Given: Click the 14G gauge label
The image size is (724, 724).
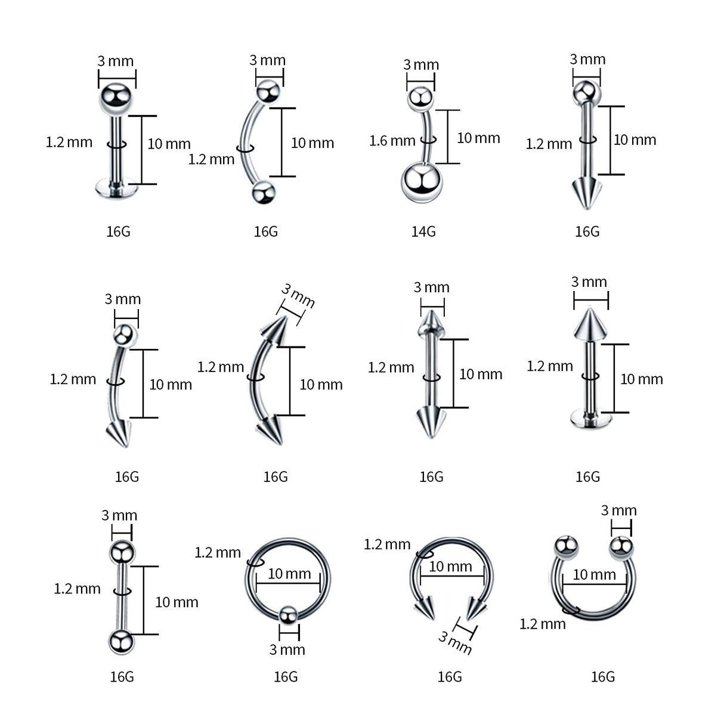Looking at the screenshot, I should click(x=423, y=231).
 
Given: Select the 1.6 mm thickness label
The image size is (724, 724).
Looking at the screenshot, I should click(x=392, y=141).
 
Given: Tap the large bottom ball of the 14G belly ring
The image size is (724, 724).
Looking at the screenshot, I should click(x=422, y=182).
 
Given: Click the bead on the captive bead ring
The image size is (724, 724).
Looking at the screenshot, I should click(x=288, y=615).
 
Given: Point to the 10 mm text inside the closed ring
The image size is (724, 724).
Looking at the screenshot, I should click(x=289, y=574).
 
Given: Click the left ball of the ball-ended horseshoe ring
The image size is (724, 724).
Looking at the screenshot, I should click(x=566, y=547).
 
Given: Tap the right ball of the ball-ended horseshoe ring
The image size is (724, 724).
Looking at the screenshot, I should click(x=621, y=547).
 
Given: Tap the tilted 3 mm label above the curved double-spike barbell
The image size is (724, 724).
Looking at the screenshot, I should click(x=298, y=296).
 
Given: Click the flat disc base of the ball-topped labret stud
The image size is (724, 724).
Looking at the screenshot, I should click(x=116, y=189).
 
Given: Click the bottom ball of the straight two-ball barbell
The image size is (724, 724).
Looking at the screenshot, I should click(x=122, y=641).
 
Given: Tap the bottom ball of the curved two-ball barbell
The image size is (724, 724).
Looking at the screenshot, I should click(x=263, y=193).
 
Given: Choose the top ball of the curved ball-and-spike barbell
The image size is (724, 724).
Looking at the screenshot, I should click(x=125, y=335).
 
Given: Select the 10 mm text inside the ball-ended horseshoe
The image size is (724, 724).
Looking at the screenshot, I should click(x=594, y=574).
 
